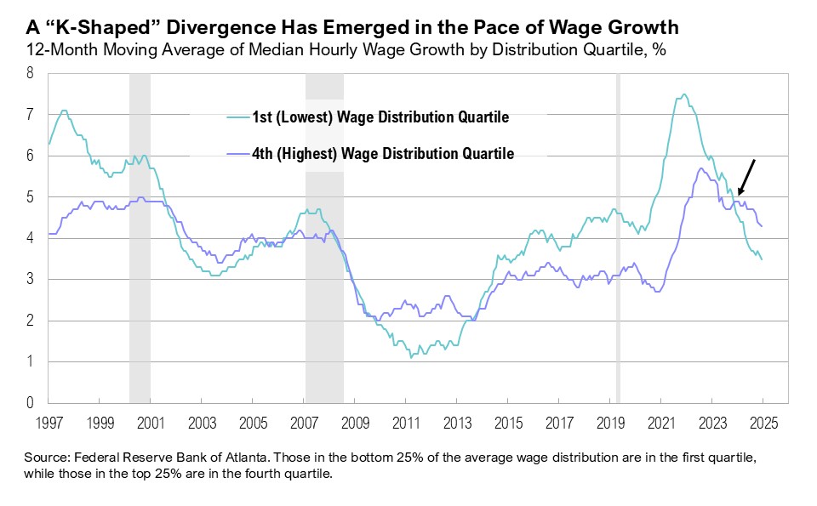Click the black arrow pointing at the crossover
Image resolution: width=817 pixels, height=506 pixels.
[746, 178]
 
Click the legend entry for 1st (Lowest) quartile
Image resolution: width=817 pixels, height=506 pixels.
[368, 117]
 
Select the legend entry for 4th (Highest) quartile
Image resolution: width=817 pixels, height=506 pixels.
[369, 154]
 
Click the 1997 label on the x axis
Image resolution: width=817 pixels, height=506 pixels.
[49, 421]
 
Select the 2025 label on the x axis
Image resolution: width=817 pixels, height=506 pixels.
[763, 421]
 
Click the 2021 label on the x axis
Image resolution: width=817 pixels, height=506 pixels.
[660, 421]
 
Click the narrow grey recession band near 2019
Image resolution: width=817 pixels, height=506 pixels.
[618, 238]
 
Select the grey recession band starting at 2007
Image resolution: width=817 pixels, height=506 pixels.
[324, 238]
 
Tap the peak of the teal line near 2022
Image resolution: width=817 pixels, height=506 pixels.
[684, 94]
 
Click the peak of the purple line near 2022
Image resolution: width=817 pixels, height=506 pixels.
[700, 168]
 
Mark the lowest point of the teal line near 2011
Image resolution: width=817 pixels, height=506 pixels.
[412, 357]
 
